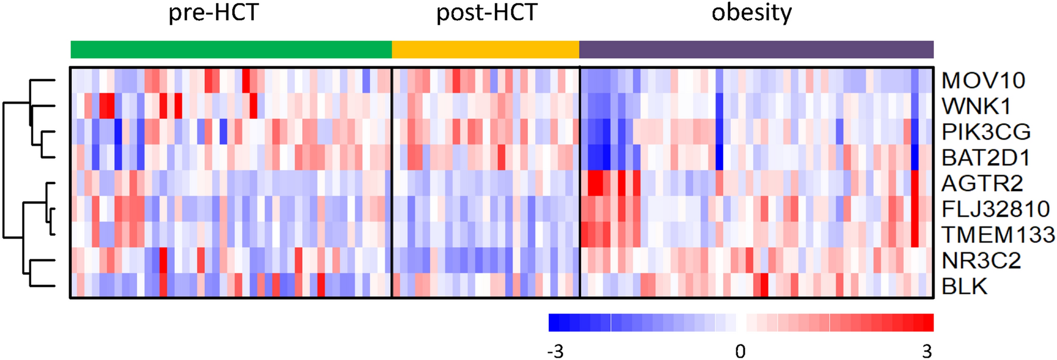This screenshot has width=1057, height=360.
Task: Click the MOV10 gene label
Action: click(983, 81)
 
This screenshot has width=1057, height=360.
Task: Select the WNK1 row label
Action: click(976, 106)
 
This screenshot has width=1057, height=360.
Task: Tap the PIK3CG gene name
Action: click(986, 132)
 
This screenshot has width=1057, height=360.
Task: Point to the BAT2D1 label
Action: click(986, 158)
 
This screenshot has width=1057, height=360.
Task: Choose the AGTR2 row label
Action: click(982, 183)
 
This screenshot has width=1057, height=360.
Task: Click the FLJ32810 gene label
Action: click(995, 209)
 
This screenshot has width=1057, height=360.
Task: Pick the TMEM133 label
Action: click(998, 235)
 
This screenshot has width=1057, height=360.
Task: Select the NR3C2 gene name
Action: click(981, 260)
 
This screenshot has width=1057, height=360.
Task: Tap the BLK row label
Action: click(964, 287)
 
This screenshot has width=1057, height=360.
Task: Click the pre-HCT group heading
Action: click(214, 13)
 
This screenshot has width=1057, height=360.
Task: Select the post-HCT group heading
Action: click(487, 13)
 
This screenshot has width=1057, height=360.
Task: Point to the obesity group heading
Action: click(751, 13)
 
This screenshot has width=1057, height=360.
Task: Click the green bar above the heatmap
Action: click(231, 50)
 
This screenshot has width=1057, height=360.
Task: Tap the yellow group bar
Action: click(486, 50)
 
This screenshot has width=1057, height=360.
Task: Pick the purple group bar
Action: click(756, 50)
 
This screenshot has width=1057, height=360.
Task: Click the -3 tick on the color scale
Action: click(555, 351)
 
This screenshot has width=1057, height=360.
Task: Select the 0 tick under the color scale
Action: click(740, 351)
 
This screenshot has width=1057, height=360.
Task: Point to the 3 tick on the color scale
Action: click(927, 351)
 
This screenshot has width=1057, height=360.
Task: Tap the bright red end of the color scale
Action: click(928, 322)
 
